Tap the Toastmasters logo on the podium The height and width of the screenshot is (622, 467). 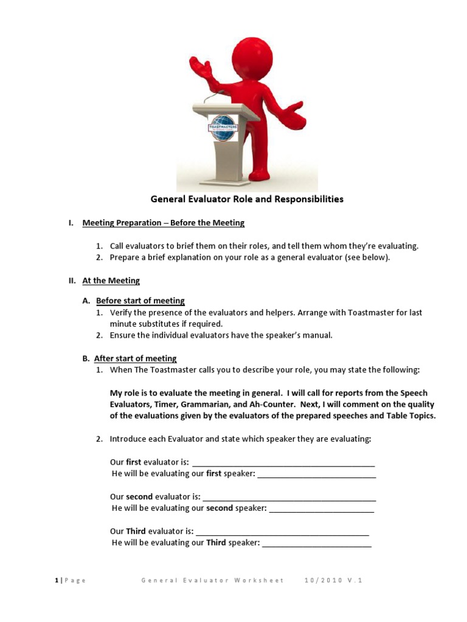point(223,126)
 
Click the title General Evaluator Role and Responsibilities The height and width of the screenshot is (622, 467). point(247,199)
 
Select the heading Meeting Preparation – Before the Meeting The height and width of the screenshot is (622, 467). point(163,223)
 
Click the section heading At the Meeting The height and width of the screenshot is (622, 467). point(111,281)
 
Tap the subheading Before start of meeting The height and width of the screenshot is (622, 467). point(140,301)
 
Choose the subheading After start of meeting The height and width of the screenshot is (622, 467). point(136,358)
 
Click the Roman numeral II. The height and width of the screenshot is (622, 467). point(71,281)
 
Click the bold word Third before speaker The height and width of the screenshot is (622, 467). point(216,542)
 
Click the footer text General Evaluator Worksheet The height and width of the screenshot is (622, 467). point(212,580)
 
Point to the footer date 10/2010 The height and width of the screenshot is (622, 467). point(322,580)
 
